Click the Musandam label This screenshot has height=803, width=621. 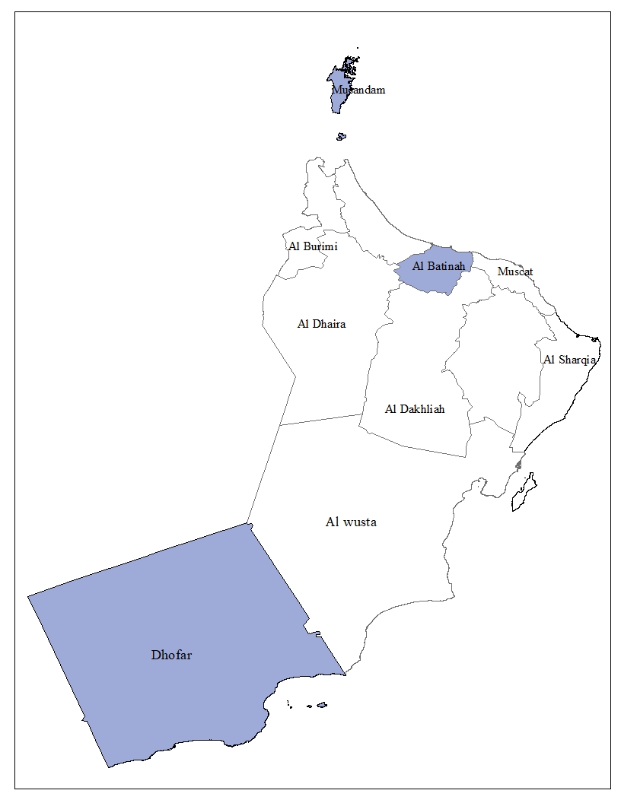pos(358,90)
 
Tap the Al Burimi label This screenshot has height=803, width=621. pos(313,246)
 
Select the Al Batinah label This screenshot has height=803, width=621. pos(438,266)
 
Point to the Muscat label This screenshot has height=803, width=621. pos(515,271)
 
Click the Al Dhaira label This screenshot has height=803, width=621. pos(321,324)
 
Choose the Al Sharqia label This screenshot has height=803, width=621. pos(568,360)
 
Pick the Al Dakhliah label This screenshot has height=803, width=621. pos(415,409)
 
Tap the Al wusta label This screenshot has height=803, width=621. pos(351,522)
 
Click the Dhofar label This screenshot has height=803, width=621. pos(171,655)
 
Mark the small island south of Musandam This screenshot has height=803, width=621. pos(341,137)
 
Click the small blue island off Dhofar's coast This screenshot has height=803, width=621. pos(322,705)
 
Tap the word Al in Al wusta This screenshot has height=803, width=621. pos(332,522)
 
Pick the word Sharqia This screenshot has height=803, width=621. pos(576,360)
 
